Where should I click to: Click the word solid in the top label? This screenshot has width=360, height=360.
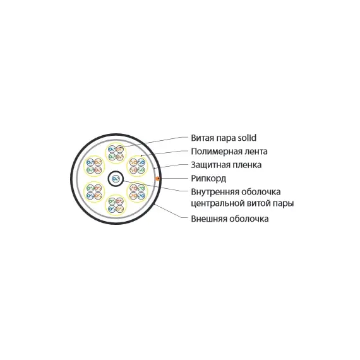(x=247, y=138)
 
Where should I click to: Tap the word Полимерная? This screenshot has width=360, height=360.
(x=215, y=152)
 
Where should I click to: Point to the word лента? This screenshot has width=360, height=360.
(x=255, y=152)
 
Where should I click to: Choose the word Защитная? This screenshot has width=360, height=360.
(x=210, y=165)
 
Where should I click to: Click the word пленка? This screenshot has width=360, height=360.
(x=247, y=165)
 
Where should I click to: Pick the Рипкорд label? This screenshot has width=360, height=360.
(x=208, y=179)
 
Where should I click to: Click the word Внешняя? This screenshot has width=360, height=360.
(x=209, y=219)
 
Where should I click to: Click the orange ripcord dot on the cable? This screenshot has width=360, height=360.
(x=157, y=178)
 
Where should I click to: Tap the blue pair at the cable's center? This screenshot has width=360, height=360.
(x=116, y=179)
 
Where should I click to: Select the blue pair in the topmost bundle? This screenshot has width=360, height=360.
(x=112, y=150)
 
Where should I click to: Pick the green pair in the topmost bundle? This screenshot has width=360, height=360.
(x=112, y=157)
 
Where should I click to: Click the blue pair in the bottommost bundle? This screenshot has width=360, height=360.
(x=112, y=208)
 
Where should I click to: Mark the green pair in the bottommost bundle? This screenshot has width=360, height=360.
(x=112, y=201)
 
